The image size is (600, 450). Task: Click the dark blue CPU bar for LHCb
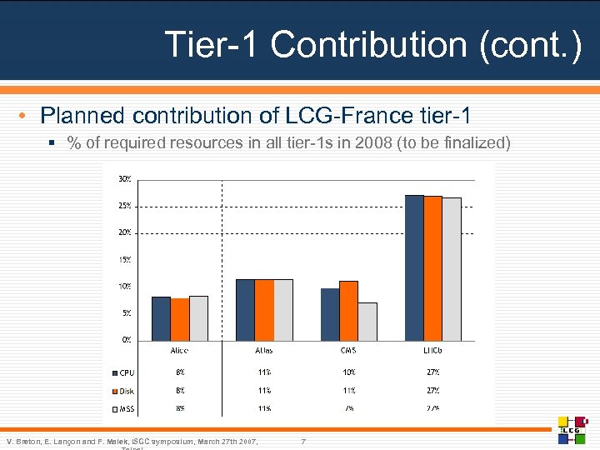(414, 267)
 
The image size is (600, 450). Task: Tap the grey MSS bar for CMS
(367, 321)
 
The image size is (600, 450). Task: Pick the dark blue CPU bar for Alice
(161, 318)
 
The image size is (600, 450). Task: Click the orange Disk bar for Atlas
(264, 309)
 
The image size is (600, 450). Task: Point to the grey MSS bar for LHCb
(452, 268)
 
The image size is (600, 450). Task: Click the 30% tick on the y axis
(123, 178)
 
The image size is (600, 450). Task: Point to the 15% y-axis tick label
(123, 259)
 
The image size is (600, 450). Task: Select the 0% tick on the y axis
(125, 339)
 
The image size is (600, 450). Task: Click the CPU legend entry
(123, 372)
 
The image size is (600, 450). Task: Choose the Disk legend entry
(123, 391)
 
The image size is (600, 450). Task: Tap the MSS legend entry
(123, 409)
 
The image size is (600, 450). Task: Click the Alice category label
(179, 351)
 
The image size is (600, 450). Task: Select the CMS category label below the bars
(348, 351)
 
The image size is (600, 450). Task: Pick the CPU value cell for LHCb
(433, 372)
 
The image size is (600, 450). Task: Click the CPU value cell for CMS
(348, 372)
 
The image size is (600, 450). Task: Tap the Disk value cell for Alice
(179, 391)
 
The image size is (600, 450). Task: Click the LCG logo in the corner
(572, 429)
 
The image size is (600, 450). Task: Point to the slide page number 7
(304, 440)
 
